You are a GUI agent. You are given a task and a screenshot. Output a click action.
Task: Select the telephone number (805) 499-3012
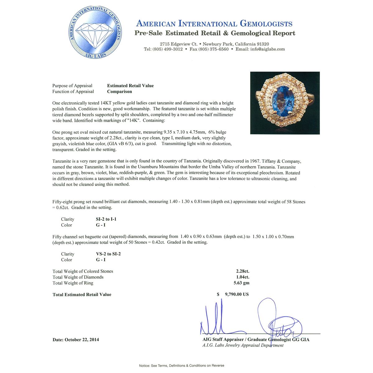point(168,49)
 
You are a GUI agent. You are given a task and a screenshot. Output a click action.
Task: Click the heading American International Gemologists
point(214,24)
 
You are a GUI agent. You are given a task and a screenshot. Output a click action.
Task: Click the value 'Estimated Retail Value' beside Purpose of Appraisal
point(130,86)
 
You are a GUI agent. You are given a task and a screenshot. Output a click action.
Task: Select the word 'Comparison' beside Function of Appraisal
point(119,92)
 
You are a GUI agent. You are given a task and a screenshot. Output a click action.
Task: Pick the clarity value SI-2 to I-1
point(106,219)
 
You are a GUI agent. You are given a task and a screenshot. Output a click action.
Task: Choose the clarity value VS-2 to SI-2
point(108,254)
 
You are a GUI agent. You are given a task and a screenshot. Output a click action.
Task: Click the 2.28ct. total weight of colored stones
point(242,271)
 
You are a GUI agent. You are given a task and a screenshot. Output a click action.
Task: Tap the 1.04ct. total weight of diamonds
point(242,277)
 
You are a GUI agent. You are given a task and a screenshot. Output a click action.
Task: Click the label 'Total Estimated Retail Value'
point(82,295)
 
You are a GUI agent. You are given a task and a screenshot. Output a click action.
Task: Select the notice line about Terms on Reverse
point(182,366)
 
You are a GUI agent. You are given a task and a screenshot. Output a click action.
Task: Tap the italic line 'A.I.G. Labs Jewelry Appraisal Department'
point(243,345)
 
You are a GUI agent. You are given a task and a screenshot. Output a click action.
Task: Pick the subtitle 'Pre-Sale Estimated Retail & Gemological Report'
point(215,33)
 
